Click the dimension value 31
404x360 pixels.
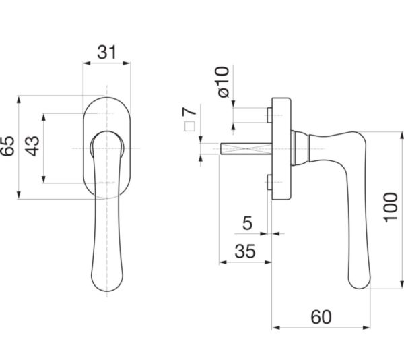point(107,52)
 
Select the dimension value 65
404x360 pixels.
point(7,146)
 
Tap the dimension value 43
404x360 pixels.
point(33,146)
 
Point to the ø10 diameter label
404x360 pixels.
point(223,82)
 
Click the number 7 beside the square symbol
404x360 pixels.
point(189,111)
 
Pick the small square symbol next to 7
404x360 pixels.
point(190,126)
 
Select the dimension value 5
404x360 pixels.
point(247,223)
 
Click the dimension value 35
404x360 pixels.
point(245,251)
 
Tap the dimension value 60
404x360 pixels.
point(321,317)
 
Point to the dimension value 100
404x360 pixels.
point(391,208)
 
